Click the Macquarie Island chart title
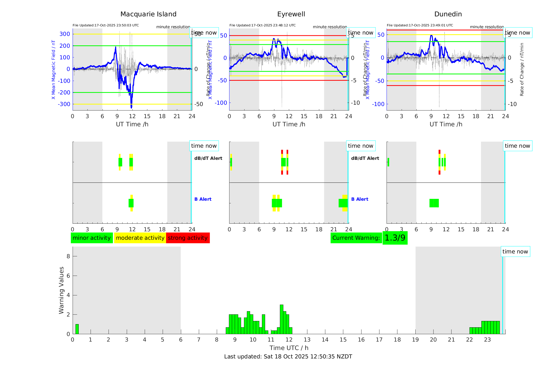click(148, 14)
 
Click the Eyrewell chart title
click(291, 14)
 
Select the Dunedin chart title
click(448, 14)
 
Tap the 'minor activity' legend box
click(92, 238)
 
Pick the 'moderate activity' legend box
click(140, 238)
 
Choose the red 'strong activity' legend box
click(188, 238)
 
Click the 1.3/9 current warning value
click(395, 238)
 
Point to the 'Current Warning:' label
click(356, 238)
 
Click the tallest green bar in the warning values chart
click(281, 319)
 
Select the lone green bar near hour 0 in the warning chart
click(77, 329)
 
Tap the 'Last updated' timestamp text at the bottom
click(288, 357)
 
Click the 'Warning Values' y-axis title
click(62, 290)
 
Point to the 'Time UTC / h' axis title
click(289, 348)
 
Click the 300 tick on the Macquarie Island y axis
click(65, 34)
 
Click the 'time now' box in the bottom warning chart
click(515, 252)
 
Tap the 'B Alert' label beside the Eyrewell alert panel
click(360, 199)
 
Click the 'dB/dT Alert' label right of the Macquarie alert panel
click(208, 158)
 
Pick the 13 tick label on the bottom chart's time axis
click(307, 340)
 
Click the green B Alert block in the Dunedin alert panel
click(434, 203)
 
